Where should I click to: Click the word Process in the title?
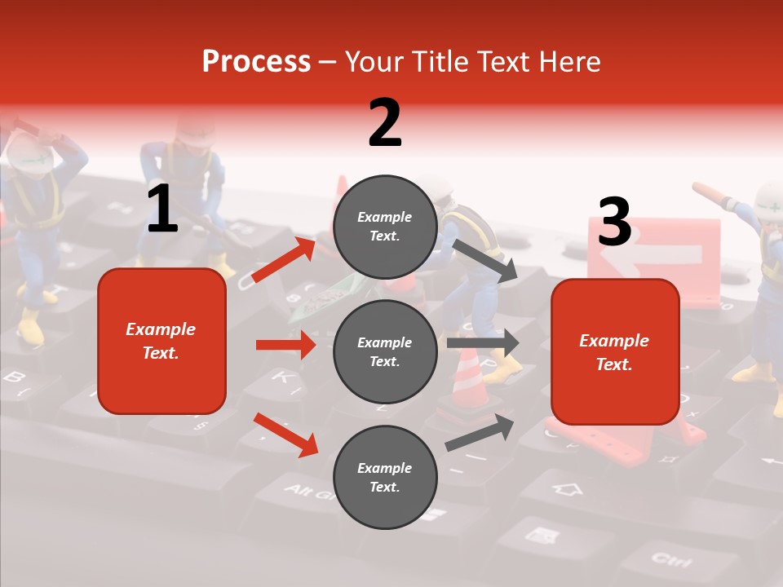pyautogui.click(x=256, y=62)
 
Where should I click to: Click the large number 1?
pyautogui.click(x=162, y=210)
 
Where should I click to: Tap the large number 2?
pyautogui.click(x=385, y=123)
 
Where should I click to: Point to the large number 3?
pyautogui.click(x=615, y=222)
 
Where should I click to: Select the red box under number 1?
pyautogui.click(x=161, y=341)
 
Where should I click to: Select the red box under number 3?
pyautogui.click(x=615, y=351)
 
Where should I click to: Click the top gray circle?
pyautogui.click(x=385, y=227)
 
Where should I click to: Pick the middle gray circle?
pyautogui.click(x=385, y=351)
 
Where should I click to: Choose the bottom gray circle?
pyautogui.click(x=385, y=477)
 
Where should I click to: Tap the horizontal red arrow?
pyautogui.click(x=285, y=345)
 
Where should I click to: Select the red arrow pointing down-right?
pyautogui.click(x=286, y=435)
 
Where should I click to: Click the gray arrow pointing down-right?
pyautogui.click(x=485, y=260)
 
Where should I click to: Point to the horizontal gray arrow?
pyautogui.click(x=483, y=343)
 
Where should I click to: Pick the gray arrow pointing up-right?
pyautogui.click(x=480, y=433)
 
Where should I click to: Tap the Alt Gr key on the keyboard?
pyautogui.click(x=308, y=492)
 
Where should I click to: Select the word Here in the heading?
pyautogui.click(x=568, y=62)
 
